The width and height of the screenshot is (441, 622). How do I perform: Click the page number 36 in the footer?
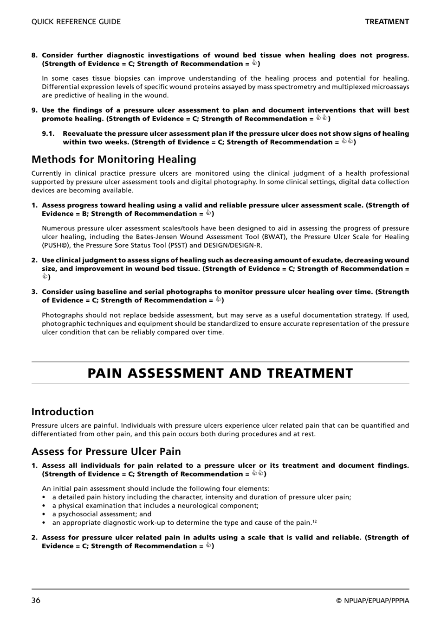point(36,601)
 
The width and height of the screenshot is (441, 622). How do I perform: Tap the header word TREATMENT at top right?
point(387,22)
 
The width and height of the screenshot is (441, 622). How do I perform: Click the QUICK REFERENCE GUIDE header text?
point(76,22)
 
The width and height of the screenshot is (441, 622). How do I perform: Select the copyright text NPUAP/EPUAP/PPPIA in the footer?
point(376,601)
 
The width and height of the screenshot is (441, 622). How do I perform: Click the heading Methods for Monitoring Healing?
point(114,159)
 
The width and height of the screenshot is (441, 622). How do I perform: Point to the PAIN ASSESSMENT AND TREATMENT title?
point(220,373)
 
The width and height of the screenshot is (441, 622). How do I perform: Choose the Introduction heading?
point(63,412)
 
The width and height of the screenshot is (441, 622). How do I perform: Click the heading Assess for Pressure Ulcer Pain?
point(106,451)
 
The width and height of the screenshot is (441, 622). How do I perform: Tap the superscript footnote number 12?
point(314,521)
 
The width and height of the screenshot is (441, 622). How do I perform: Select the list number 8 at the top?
point(34,55)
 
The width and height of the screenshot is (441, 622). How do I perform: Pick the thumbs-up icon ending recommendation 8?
point(254,63)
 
